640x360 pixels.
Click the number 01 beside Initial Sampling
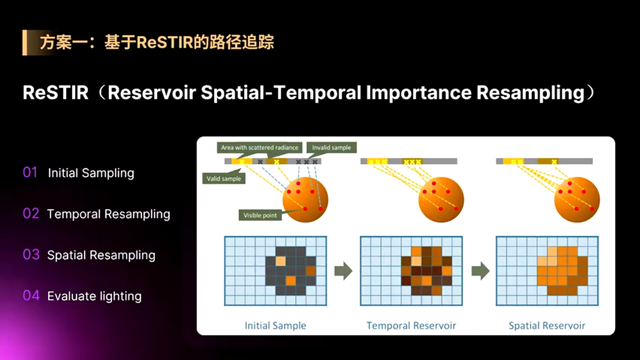(x=30, y=173)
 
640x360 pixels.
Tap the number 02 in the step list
(x=30, y=214)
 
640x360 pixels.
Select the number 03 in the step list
(x=30, y=255)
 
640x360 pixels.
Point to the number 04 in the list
(x=30, y=296)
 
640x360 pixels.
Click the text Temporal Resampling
(x=108, y=214)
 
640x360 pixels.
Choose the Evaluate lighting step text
(x=94, y=296)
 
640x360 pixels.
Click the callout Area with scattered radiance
(x=259, y=147)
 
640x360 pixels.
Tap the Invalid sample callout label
(x=331, y=147)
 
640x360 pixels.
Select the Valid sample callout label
(x=223, y=178)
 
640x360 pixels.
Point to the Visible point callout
(x=260, y=215)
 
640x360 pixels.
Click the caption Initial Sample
(x=275, y=325)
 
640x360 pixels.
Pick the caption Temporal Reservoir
(x=411, y=325)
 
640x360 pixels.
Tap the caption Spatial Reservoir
(x=546, y=325)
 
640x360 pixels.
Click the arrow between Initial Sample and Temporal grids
(x=343, y=271)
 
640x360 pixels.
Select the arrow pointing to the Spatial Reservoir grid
(x=480, y=271)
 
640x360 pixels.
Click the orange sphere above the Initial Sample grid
(x=305, y=199)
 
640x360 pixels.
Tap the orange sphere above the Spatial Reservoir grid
(x=576, y=199)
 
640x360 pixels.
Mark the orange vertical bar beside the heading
(x=24, y=42)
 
